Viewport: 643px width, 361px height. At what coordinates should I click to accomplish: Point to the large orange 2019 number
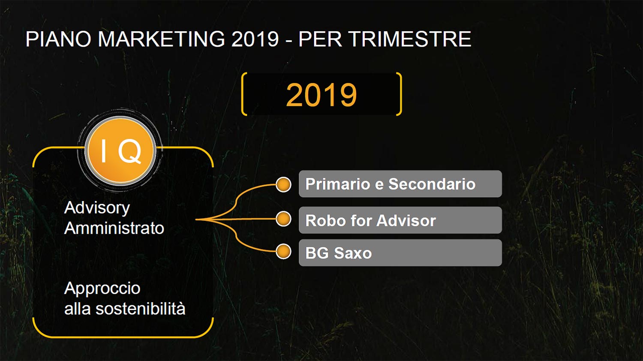coord(321,95)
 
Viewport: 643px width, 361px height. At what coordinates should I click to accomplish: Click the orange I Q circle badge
coord(120,150)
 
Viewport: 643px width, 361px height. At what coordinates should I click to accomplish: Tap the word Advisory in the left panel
coord(97,208)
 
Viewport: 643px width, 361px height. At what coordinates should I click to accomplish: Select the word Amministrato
coord(114,229)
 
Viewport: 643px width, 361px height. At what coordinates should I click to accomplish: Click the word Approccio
coord(102,289)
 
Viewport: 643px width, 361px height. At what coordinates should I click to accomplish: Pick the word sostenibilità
coord(140,309)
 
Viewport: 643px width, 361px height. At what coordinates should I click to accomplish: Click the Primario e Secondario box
coord(400,184)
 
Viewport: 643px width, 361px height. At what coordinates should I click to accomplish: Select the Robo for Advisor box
coord(400,220)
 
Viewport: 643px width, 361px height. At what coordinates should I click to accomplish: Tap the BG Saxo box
coord(400,253)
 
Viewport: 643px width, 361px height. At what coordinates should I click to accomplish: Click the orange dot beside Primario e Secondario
coord(284,184)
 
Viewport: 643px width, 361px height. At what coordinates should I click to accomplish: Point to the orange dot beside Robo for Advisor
coord(284,219)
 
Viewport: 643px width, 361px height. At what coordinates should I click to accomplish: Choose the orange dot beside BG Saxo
coord(284,252)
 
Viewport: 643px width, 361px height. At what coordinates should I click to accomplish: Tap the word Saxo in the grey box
coord(353,253)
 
